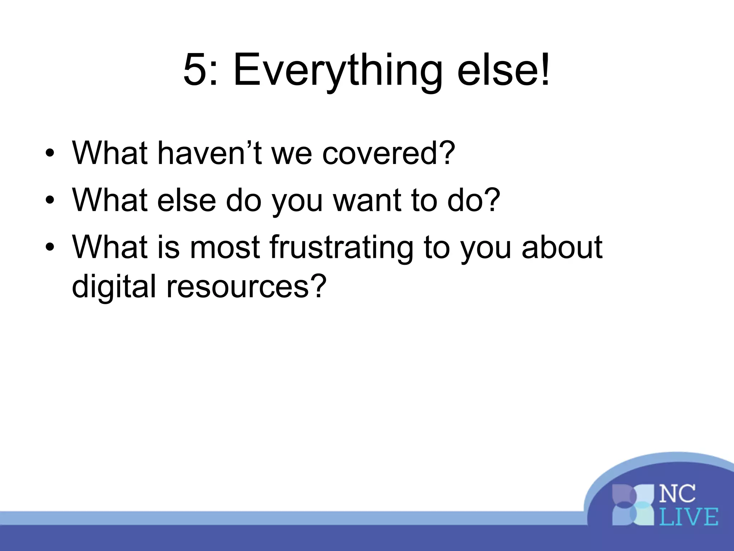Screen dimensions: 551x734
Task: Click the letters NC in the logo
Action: [x=677, y=494]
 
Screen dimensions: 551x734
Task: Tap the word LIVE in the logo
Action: [x=688, y=517]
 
